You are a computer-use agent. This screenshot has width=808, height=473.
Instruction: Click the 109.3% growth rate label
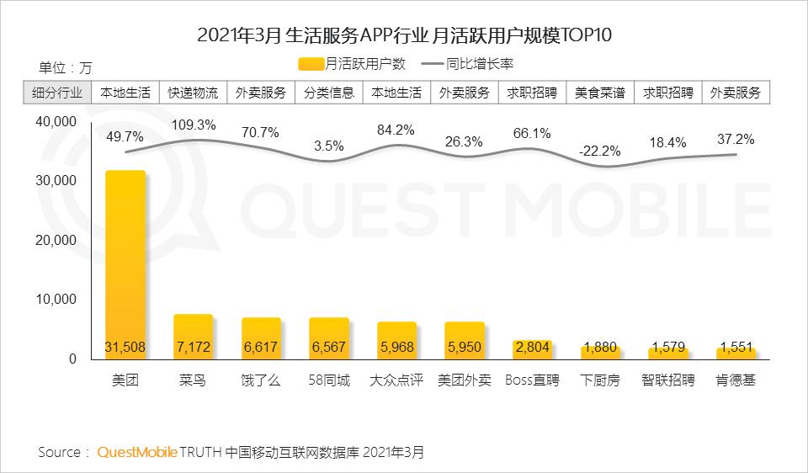[193, 125]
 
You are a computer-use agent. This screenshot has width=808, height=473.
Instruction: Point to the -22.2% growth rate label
[600, 151]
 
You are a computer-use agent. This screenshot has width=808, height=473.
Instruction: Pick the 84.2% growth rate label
[396, 130]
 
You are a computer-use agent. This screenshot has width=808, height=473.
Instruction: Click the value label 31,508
[125, 348]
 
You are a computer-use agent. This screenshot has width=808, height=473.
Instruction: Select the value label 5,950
[465, 348]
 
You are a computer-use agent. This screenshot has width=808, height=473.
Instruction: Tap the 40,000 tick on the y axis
[56, 122]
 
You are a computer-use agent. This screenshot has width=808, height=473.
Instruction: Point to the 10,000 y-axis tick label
[56, 300]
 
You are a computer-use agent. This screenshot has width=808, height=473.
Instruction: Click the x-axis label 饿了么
[261, 380]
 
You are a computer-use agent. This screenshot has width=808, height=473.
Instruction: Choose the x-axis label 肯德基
[736, 380]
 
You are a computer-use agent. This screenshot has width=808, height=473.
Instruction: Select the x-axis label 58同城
[328, 380]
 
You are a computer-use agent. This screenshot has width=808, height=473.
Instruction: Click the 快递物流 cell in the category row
[193, 93]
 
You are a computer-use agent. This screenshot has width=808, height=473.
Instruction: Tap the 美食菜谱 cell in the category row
[600, 93]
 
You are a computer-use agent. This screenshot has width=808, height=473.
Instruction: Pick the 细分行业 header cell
[57, 93]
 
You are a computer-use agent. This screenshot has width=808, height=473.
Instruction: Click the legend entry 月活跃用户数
[353, 63]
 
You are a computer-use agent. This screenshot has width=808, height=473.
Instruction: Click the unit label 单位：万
[65, 67]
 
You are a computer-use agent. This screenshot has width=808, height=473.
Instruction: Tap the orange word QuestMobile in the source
[137, 452]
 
